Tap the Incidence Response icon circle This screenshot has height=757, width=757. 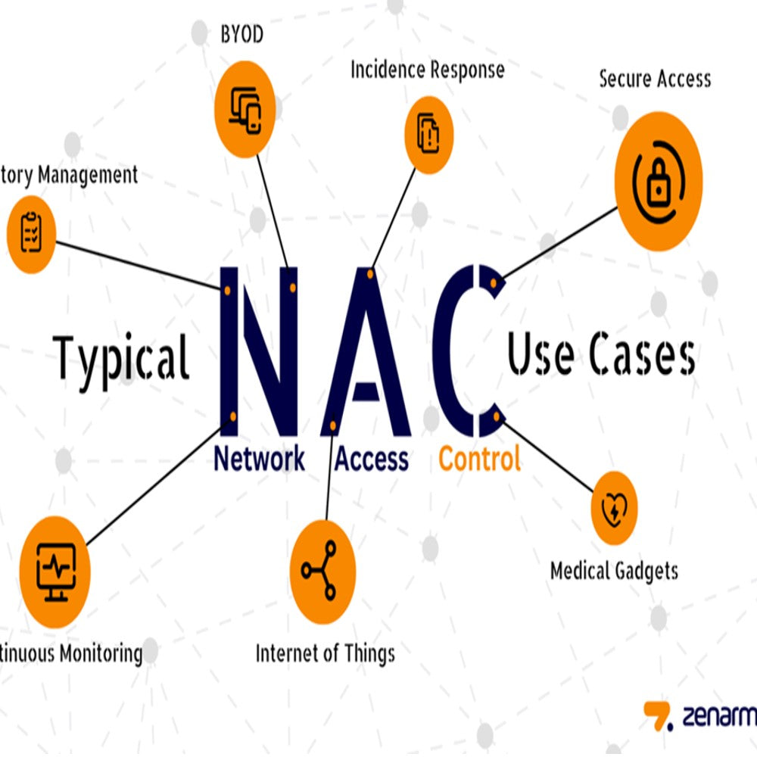click(429, 134)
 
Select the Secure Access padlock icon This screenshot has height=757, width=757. click(658, 181)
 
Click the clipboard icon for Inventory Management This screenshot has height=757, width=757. click(31, 233)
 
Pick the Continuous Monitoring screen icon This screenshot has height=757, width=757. click(55, 572)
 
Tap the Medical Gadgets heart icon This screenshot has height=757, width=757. click(613, 508)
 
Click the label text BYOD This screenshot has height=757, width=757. click(241, 35)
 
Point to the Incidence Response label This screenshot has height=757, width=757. click(427, 70)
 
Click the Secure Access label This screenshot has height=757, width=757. click(655, 79)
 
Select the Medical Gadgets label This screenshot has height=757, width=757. click(614, 570)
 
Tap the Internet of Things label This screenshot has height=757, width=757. click(325, 652)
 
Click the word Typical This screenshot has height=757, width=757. click(122, 358)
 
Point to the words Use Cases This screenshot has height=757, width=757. click(601, 356)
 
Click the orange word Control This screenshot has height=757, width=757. click(480, 459)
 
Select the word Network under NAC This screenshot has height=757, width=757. click(260, 459)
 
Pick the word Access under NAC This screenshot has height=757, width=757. click(372, 459)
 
